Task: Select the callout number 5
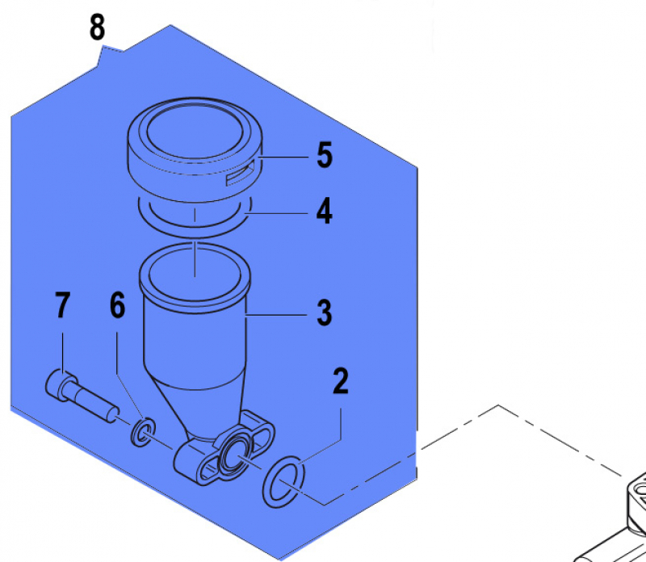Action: click(x=324, y=155)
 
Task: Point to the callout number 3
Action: click(x=324, y=312)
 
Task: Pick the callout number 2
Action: click(x=341, y=382)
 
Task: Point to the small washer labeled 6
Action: click(x=144, y=432)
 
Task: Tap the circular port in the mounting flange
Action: click(x=234, y=451)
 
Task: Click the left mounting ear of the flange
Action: click(x=187, y=467)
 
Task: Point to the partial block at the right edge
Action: click(x=622, y=517)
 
